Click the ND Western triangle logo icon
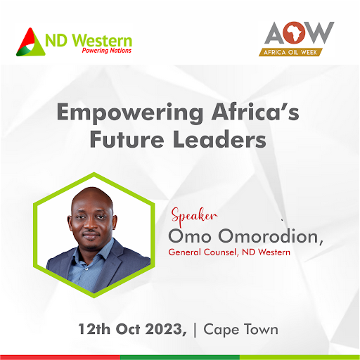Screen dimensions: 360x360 tap(30, 41)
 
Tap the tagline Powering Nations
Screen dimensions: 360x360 tap(106, 51)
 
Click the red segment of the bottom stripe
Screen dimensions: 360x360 tap(60, 356)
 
